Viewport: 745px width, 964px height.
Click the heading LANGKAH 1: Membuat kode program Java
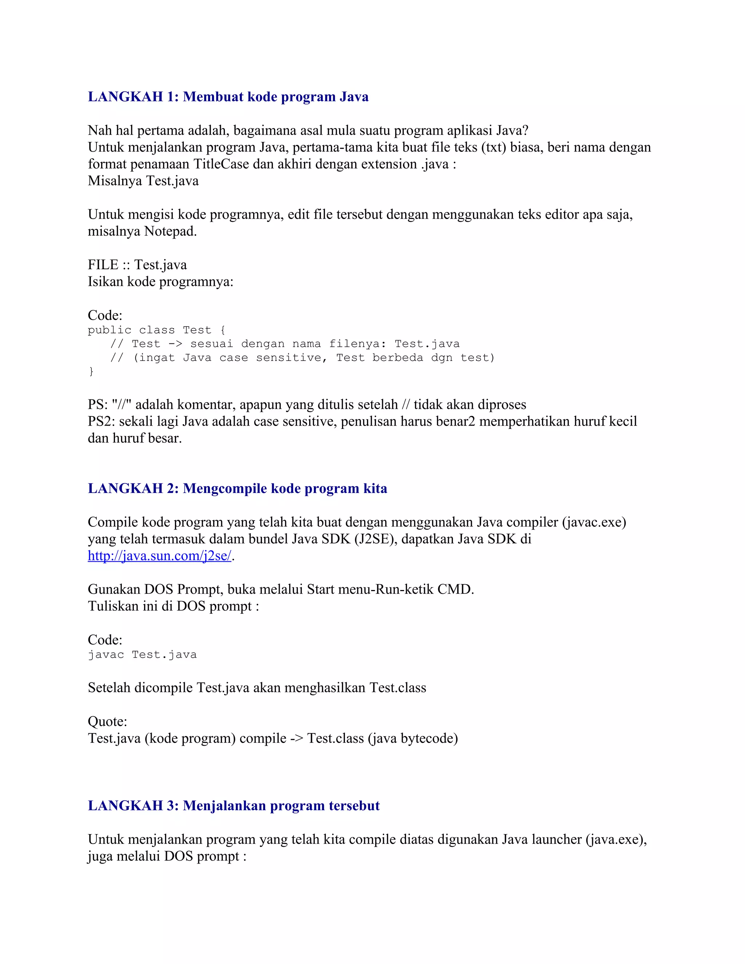click(x=228, y=97)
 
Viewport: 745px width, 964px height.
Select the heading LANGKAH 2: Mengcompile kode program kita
click(x=237, y=488)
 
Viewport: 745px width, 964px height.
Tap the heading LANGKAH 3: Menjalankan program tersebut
click(x=234, y=805)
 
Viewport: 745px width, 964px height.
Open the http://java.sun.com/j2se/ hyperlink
click(x=159, y=556)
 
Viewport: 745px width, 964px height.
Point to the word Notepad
click(x=170, y=231)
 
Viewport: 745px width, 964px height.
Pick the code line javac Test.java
click(x=142, y=654)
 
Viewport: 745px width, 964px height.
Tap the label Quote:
click(x=107, y=722)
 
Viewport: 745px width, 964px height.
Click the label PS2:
click(x=101, y=422)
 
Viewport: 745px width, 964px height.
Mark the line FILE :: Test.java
click(x=137, y=265)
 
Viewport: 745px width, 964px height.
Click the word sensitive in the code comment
click(x=291, y=358)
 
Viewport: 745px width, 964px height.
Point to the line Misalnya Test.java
click(x=143, y=181)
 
